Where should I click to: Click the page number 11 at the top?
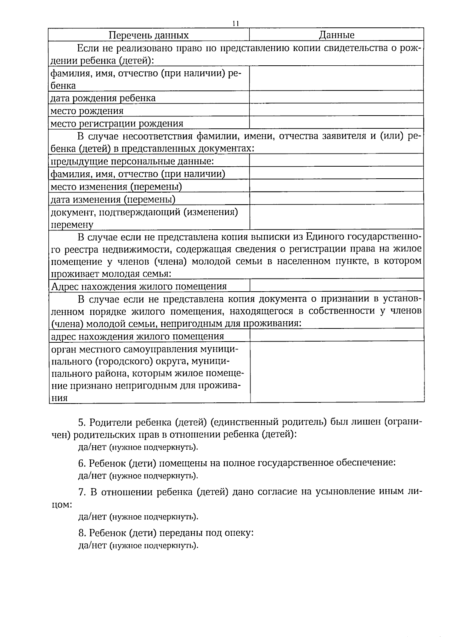pyautogui.click(x=235, y=23)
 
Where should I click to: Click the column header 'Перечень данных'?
pyautogui.click(x=148, y=35)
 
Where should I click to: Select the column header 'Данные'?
pyautogui.click(x=336, y=35)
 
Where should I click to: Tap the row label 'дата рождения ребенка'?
pyautogui.click(x=103, y=98)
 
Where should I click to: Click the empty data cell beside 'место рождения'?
pyautogui.click(x=336, y=111)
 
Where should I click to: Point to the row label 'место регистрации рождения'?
pyautogui.click(x=117, y=123)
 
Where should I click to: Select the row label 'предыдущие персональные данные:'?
pyautogui.click(x=132, y=161)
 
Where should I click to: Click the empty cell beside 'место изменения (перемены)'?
pyautogui.click(x=336, y=186)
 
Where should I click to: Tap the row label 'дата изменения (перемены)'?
pyautogui.click(x=113, y=199)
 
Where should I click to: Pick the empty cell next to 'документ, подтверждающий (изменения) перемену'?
pyautogui.click(x=336, y=218)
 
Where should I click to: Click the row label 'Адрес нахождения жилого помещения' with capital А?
pyautogui.click(x=138, y=286)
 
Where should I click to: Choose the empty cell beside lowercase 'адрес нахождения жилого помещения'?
pyautogui.click(x=336, y=335)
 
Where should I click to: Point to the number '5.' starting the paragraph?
pyautogui.click(x=82, y=422)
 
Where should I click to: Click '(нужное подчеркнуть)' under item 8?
pyautogui.click(x=153, y=545)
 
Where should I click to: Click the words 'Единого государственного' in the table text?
pyautogui.click(x=360, y=236)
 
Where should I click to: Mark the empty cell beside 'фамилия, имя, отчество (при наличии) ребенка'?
pyautogui.click(x=336, y=78)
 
